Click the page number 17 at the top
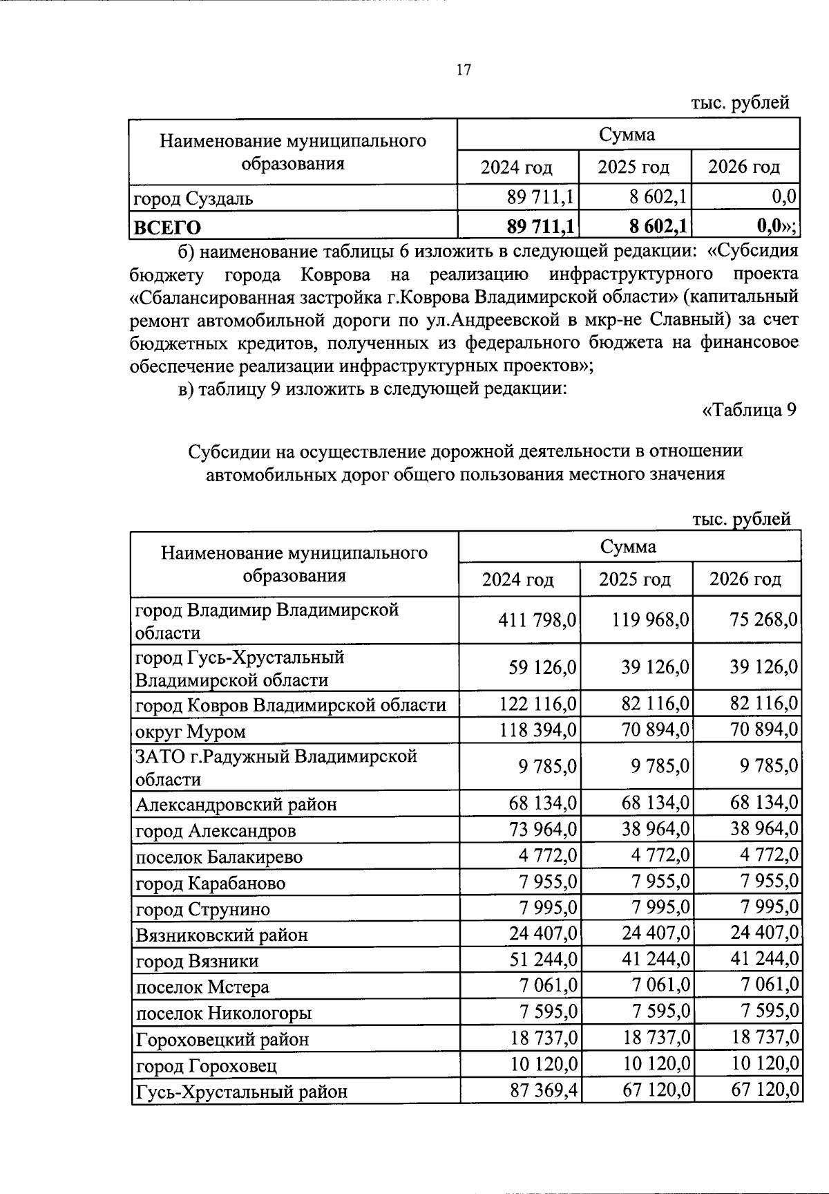(464, 70)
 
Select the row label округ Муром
(191, 731)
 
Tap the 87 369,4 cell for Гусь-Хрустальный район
(542, 1091)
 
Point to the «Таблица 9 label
(750, 410)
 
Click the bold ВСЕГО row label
(168, 227)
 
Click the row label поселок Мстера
(202, 987)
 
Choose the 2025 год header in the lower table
(634, 579)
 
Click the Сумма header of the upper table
(627, 134)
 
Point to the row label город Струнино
(202, 909)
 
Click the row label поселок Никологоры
(223, 1013)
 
